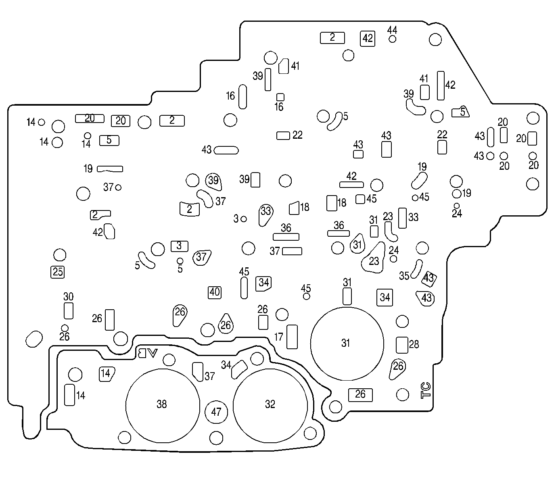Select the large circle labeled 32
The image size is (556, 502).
pyautogui.click(x=270, y=404)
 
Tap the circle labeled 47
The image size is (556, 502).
pyautogui.click(x=217, y=412)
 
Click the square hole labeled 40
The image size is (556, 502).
pyautogui.click(x=215, y=292)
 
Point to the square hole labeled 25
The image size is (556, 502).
pyautogui.click(x=58, y=272)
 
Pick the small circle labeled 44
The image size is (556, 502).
pyautogui.click(x=392, y=39)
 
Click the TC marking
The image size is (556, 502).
pyautogui.click(x=426, y=390)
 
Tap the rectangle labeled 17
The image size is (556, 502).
pyautogui.click(x=292, y=337)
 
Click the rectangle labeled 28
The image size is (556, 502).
pyautogui.click(x=402, y=344)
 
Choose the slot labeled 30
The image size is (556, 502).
pyautogui.click(x=69, y=310)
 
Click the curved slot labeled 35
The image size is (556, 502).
pyautogui.click(x=417, y=269)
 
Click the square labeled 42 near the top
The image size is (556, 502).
pyautogui.click(x=368, y=38)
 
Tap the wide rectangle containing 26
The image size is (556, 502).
pyautogui.click(x=360, y=394)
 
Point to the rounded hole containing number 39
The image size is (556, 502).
pyautogui.click(x=213, y=181)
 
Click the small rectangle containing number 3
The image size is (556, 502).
pyautogui.click(x=180, y=246)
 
